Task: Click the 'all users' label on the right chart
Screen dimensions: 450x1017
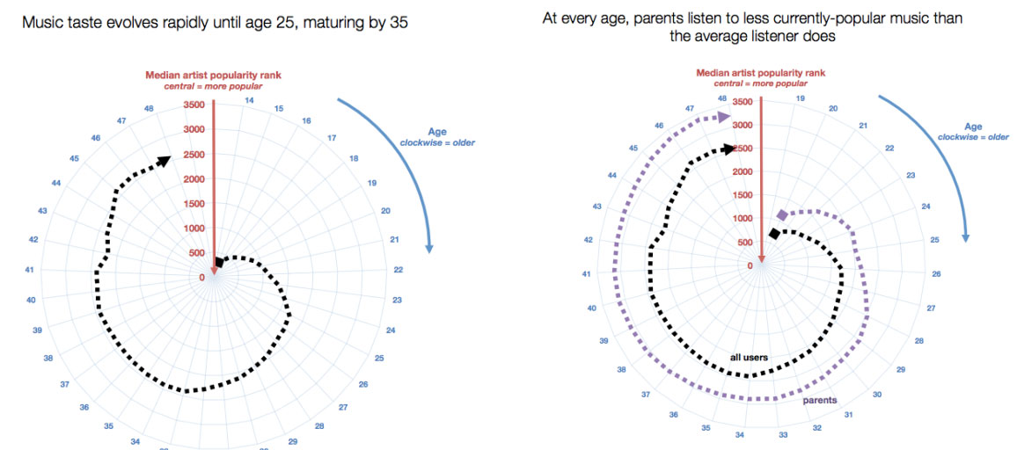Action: [749, 358]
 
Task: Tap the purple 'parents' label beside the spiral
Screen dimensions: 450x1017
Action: [819, 400]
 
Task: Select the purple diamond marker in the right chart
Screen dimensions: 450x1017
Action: [782, 215]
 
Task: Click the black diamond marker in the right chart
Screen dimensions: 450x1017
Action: [774, 233]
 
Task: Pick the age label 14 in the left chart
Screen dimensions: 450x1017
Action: [250, 101]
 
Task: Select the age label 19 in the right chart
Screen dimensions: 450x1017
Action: [800, 98]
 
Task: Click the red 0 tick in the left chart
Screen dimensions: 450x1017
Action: [202, 278]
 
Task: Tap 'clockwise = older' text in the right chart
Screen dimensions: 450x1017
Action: [973, 137]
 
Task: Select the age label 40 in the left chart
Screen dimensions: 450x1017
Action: [31, 300]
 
